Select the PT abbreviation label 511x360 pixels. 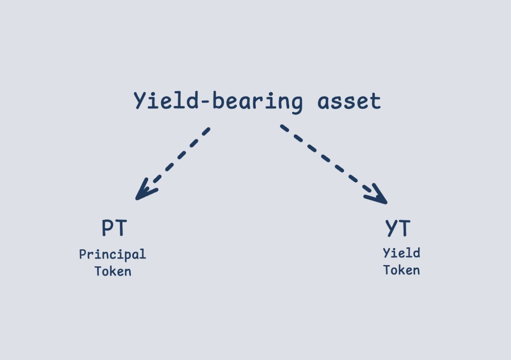pos(114,228)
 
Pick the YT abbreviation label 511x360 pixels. pos(398,228)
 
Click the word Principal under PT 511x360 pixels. pos(112,255)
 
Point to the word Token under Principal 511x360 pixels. pos(113,271)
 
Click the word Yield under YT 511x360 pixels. pos(402,253)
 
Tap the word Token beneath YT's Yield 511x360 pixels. pos(402,270)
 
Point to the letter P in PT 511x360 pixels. pos(107,228)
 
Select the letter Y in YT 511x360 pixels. pos(391,228)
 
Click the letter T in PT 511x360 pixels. pos(121,228)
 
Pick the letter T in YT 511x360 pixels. pos(404,228)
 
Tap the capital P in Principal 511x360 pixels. pos(83,254)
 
